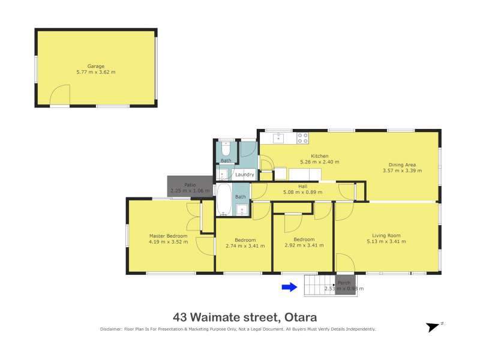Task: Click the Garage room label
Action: click(96, 66)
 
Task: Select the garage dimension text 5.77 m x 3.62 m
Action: click(96, 72)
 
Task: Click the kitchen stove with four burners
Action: click(303, 138)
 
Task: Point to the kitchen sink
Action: click(278, 138)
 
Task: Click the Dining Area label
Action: click(402, 164)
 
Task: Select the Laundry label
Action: click(245, 175)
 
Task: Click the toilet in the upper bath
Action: click(226, 148)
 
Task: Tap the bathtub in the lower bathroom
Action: click(224, 200)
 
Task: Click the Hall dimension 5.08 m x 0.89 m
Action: click(303, 192)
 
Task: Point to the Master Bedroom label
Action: click(168, 236)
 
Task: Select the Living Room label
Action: click(386, 235)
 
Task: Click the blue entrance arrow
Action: click(289, 287)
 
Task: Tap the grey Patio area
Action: click(190, 186)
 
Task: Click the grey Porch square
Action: click(346, 285)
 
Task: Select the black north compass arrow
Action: click(433, 327)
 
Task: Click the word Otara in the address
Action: click(301, 317)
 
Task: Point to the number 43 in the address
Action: click(179, 317)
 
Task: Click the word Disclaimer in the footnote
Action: click(111, 329)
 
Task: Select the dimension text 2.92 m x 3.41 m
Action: click(304, 245)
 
